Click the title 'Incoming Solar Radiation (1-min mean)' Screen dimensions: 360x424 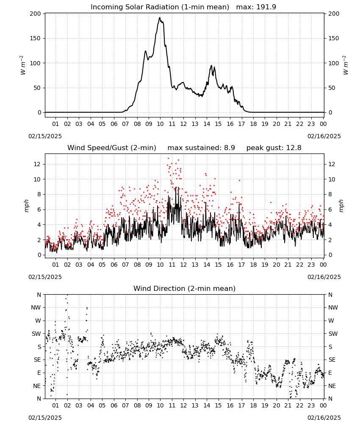160,7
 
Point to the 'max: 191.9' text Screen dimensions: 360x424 256,7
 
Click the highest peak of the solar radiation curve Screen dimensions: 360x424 160,17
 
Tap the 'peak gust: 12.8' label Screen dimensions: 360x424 274,148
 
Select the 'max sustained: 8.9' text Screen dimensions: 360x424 201,148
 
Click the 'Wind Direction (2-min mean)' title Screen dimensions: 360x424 185,288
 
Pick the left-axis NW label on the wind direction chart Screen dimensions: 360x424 36,308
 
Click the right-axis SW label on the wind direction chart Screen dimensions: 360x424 333,334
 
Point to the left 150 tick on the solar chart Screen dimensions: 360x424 35,39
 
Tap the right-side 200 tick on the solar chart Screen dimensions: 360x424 334,14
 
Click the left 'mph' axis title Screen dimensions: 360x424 26,206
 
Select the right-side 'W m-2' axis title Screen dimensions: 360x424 346,65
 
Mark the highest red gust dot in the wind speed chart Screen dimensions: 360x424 168,159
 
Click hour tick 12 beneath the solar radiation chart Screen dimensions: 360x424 183,124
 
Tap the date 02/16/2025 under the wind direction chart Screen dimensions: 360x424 324,418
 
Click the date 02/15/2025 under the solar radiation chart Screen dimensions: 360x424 45,136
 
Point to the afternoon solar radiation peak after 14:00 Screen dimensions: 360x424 211,65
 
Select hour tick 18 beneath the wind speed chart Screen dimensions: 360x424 253,265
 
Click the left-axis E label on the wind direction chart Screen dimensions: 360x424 39,373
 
